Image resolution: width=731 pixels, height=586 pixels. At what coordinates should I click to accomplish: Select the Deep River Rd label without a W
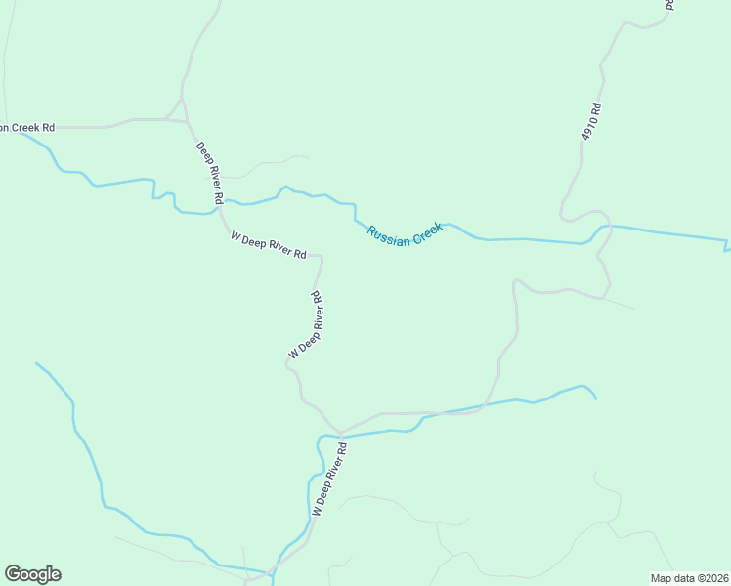pyautogui.click(x=210, y=174)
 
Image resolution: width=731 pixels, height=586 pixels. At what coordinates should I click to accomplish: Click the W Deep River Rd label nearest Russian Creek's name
pyautogui.click(x=269, y=245)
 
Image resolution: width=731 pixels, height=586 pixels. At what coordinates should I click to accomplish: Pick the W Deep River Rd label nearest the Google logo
pyautogui.click(x=329, y=479)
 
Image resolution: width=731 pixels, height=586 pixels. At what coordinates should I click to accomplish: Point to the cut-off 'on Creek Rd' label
pyautogui.click(x=27, y=127)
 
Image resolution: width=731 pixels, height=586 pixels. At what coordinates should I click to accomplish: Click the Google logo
pyautogui.click(x=32, y=574)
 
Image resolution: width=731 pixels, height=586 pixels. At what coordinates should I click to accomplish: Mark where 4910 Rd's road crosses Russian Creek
pyautogui.click(x=599, y=229)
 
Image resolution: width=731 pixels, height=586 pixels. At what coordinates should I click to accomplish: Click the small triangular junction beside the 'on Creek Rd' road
pyautogui.click(x=182, y=109)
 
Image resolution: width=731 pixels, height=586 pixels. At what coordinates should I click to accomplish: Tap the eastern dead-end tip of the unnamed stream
pyautogui.click(x=596, y=398)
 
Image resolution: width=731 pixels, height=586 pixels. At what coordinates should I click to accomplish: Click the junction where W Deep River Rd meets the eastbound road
pyautogui.click(x=341, y=432)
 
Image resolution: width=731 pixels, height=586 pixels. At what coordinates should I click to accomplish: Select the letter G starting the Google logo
pyautogui.click(x=13, y=574)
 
